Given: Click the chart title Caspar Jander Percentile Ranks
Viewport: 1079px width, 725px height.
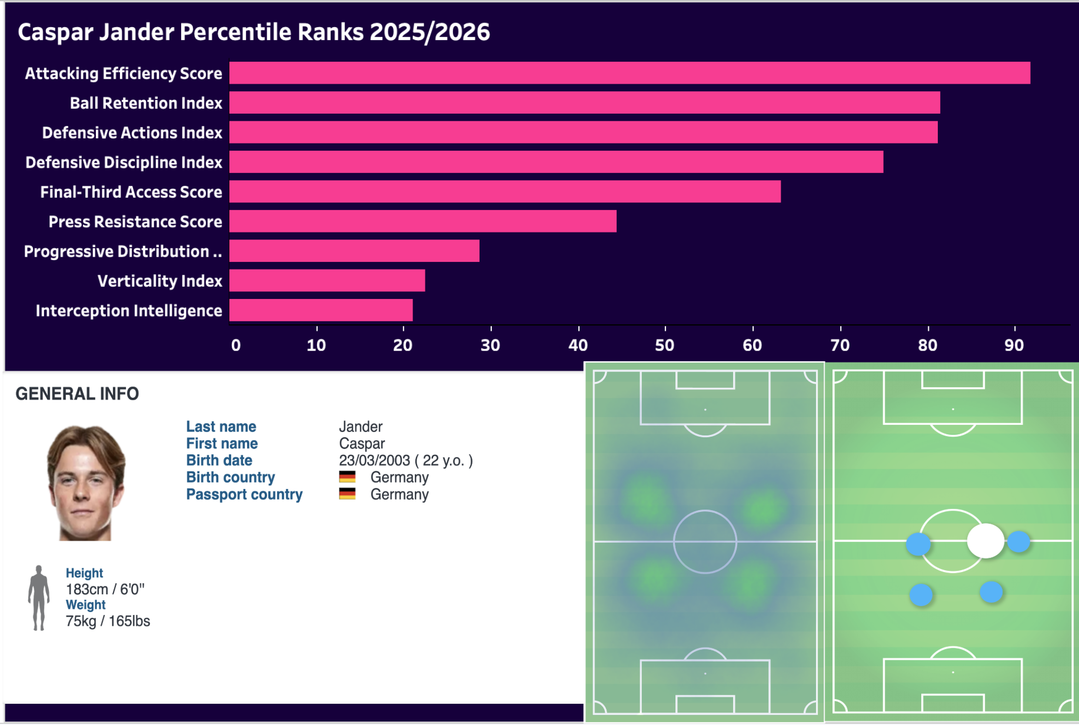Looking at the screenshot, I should pyautogui.click(x=254, y=32).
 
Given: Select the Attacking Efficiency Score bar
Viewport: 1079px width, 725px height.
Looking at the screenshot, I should pyautogui.click(x=630, y=73).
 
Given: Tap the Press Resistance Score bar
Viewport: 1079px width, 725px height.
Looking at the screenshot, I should pyautogui.click(x=422, y=221).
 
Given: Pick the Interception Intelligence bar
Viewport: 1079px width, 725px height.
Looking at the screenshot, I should pyautogui.click(x=321, y=310).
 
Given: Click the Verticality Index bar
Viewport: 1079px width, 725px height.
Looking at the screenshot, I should pyautogui.click(x=327, y=281).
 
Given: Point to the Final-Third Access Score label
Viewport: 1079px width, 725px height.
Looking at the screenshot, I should pyautogui.click(x=131, y=192).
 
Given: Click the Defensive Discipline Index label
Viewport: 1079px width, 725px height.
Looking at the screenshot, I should pyautogui.click(x=124, y=162).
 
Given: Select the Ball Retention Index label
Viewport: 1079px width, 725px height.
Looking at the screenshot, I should pyautogui.click(x=146, y=103).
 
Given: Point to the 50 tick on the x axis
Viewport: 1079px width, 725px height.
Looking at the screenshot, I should pyautogui.click(x=665, y=345).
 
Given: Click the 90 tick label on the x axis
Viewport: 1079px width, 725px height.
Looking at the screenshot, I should pyautogui.click(x=1014, y=345).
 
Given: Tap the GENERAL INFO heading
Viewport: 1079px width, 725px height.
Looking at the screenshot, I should pyautogui.click(x=77, y=394).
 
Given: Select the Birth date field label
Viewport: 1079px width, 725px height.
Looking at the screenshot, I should pyautogui.click(x=219, y=460).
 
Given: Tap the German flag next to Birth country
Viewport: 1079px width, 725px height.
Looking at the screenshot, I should pyautogui.click(x=347, y=477).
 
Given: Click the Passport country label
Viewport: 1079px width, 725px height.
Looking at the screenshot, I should pyautogui.click(x=244, y=494).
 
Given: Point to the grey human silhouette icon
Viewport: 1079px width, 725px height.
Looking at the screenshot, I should pyautogui.click(x=39, y=598).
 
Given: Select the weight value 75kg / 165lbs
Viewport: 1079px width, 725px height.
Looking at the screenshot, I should pyautogui.click(x=108, y=621).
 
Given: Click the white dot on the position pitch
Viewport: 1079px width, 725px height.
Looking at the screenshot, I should pyautogui.click(x=985, y=540).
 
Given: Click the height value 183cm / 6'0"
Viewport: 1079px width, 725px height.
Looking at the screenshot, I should pyautogui.click(x=105, y=589).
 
